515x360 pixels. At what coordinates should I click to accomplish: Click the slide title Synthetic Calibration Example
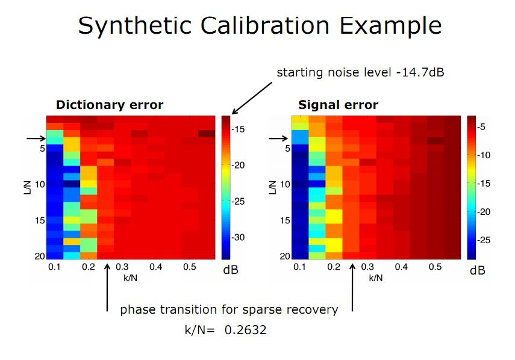click(260, 26)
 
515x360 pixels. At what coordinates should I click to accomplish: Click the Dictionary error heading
click(109, 105)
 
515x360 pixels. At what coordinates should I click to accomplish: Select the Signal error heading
click(338, 105)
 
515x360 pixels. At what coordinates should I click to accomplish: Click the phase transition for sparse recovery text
click(229, 310)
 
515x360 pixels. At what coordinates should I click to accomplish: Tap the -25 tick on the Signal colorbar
click(483, 240)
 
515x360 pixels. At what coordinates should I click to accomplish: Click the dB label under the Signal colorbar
click(477, 270)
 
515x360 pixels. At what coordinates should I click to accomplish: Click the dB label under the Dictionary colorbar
click(231, 270)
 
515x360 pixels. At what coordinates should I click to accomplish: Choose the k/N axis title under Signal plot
click(375, 278)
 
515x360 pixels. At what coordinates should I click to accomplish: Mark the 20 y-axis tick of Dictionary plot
click(39, 256)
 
